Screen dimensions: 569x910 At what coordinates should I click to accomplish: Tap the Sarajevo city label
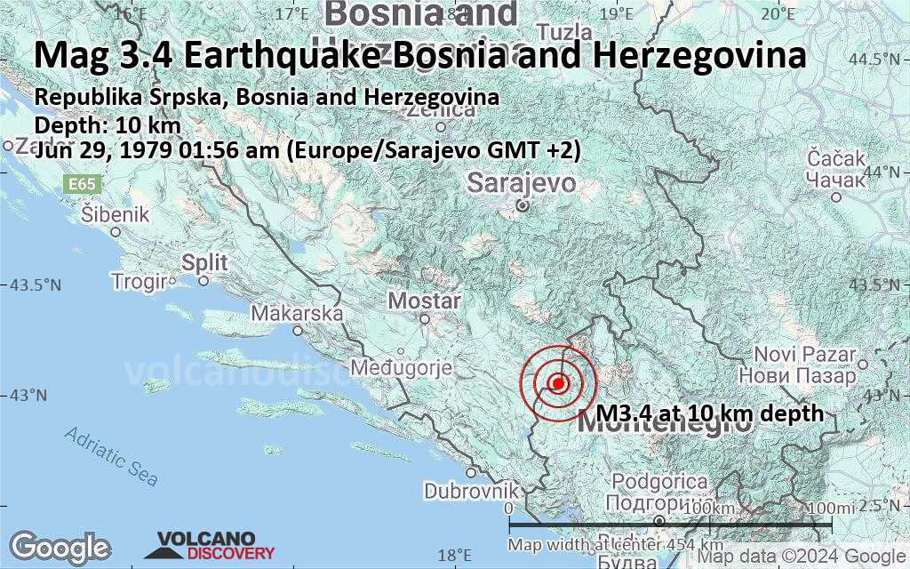pos(522,184)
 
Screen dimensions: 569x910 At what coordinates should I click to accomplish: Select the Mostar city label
pos(425,301)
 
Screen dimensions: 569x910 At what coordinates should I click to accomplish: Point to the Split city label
pos(204,262)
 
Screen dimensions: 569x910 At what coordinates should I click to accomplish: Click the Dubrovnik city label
pos(470,491)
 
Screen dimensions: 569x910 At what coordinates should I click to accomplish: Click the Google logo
pos(60,546)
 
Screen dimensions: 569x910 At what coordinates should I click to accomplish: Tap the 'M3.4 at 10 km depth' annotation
pos(709,413)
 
